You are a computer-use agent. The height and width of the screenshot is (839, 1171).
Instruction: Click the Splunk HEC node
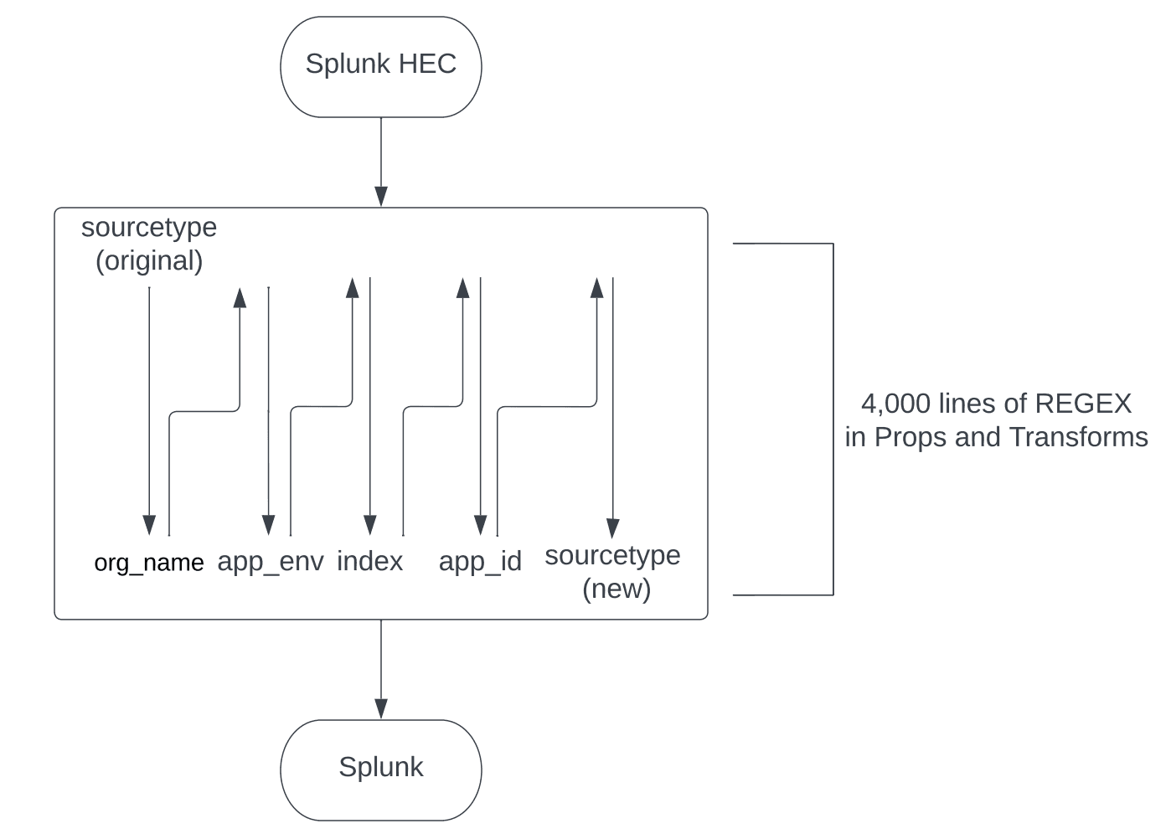pyautogui.click(x=381, y=66)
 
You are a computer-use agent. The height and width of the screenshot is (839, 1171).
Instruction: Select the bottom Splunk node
pyautogui.click(x=381, y=769)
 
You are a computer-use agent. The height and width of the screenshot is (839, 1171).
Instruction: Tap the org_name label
pyautogui.click(x=149, y=563)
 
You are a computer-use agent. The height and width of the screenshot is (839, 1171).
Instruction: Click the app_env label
pyautogui.click(x=271, y=561)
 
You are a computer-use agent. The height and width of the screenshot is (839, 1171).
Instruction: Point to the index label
pyautogui.click(x=369, y=561)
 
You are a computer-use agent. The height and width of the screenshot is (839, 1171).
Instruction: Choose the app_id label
pyautogui.click(x=480, y=561)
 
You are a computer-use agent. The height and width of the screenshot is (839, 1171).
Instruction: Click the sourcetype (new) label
pyautogui.click(x=613, y=572)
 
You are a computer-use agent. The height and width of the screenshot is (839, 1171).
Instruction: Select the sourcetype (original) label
pyautogui.click(x=149, y=244)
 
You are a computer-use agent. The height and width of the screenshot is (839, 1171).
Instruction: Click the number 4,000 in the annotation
pyautogui.click(x=895, y=404)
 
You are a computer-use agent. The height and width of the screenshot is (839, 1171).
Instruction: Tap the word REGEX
pyautogui.click(x=1083, y=404)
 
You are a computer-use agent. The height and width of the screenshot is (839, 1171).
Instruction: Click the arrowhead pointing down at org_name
pyautogui.click(x=149, y=525)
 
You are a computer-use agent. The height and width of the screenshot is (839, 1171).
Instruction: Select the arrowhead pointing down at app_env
pyautogui.click(x=269, y=525)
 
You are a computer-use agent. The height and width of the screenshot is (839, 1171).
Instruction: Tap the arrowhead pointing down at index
pyautogui.click(x=370, y=525)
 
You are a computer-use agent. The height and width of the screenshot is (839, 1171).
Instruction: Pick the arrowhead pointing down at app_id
pyautogui.click(x=481, y=525)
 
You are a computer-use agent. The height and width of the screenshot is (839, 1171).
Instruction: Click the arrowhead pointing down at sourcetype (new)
pyautogui.click(x=613, y=528)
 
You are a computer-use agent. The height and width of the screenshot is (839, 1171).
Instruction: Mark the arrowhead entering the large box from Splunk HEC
pyautogui.click(x=381, y=197)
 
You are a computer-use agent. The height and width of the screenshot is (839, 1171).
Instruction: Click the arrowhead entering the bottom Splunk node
pyautogui.click(x=381, y=708)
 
